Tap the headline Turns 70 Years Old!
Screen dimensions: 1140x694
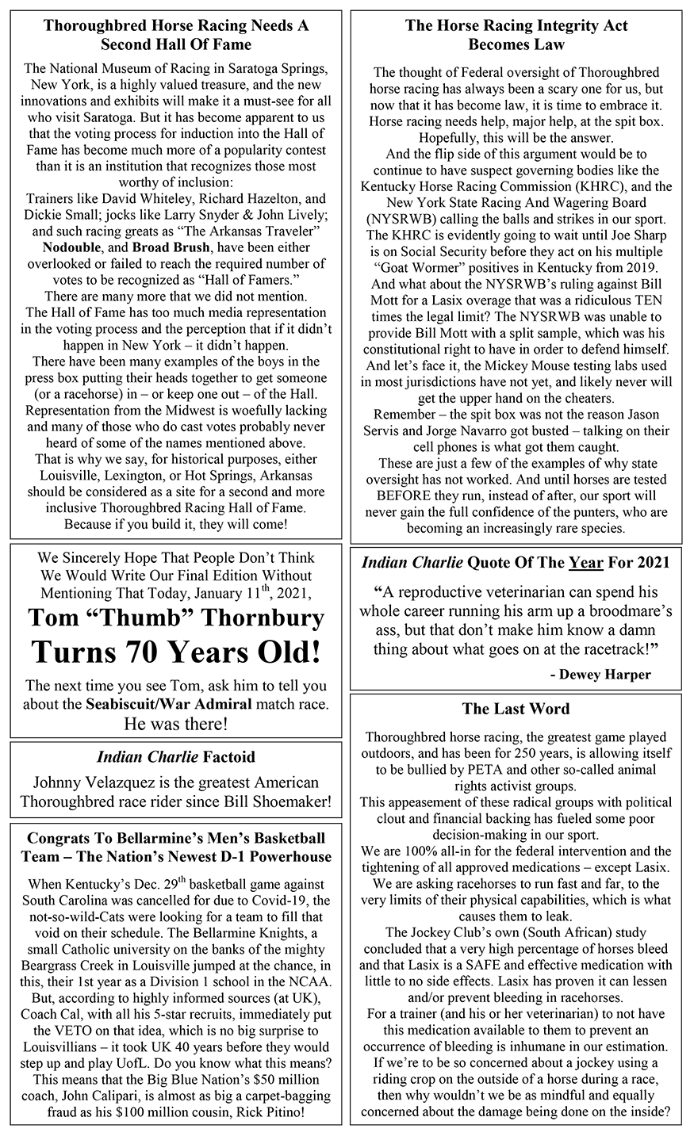click(x=176, y=652)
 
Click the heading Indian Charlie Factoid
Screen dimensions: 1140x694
click(x=176, y=758)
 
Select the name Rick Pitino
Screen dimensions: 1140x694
click(x=266, y=1112)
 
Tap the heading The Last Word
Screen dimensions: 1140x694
click(x=516, y=709)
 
